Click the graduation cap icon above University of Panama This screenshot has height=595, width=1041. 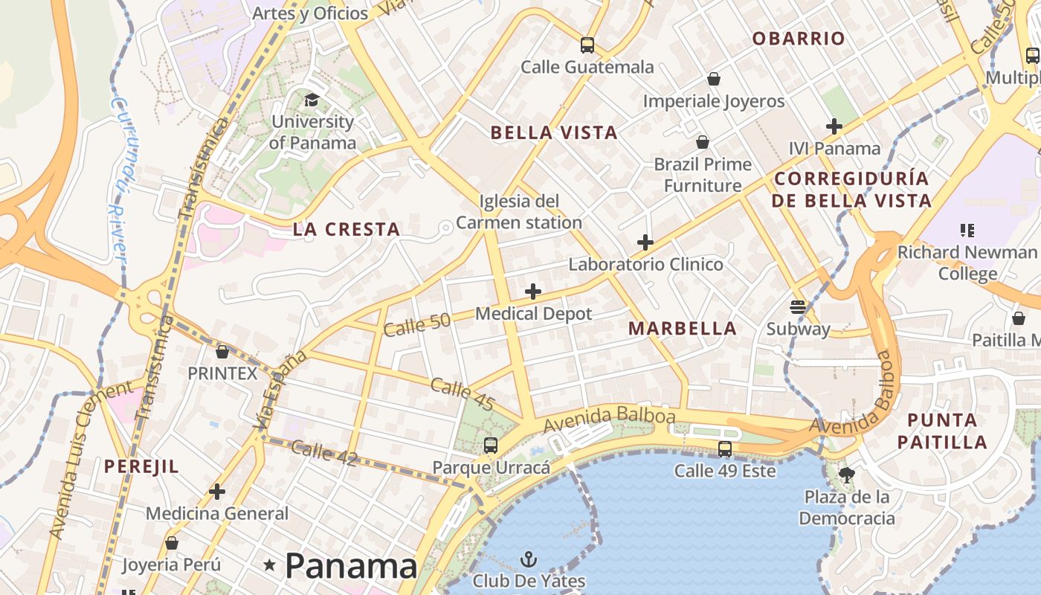[312, 100]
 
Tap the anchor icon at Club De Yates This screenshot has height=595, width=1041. [529, 559]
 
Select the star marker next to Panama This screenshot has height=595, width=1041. [270, 566]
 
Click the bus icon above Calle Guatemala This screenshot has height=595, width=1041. [587, 45]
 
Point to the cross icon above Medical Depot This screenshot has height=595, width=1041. [533, 292]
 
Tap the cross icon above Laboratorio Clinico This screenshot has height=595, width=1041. [645, 242]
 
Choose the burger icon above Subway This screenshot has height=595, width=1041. [798, 306]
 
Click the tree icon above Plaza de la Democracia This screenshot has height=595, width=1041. [846, 475]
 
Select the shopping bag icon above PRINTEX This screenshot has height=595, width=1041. [222, 351]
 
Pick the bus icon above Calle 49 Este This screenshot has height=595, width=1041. [725, 449]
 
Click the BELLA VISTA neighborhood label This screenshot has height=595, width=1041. [554, 133]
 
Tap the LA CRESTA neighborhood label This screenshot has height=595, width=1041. [347, 229]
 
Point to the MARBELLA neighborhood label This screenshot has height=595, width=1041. [683, 328]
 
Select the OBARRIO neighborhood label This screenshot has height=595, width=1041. [799, 39]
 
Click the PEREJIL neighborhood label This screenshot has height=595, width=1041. [141, 466]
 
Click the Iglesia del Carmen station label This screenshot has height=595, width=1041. [519, 212]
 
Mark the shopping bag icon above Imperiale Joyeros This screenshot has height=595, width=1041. [714, 79]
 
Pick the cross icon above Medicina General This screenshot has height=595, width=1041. [217, 492]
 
